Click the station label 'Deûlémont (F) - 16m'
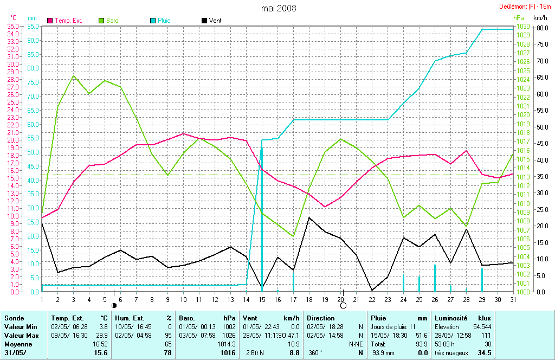(525, 7)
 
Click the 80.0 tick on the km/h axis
(541, 28)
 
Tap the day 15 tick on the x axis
(262, 298)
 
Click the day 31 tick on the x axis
(512, 298)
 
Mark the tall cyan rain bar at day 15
(262, 217)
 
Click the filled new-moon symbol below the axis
(114, 306)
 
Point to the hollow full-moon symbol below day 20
(343, 306)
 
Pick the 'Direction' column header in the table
(321, 318)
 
